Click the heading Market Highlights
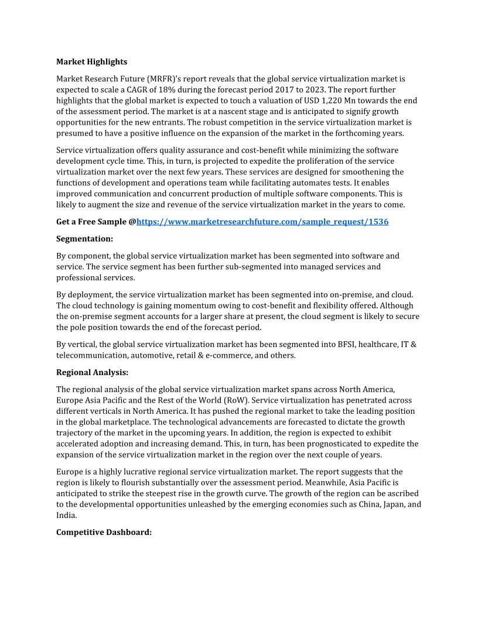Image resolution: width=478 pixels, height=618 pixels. pyautogui.click(x=91, y=61)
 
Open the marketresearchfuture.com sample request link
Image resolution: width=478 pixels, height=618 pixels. pyautogui.click(x=262, y=222)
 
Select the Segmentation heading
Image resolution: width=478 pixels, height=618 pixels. pyautogui.click(x=84, y=239)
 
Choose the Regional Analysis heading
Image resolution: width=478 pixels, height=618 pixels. pyautogui.click(x=92, y=372)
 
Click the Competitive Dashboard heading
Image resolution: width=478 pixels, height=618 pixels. pyautogui.click(x=104, y=533)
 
